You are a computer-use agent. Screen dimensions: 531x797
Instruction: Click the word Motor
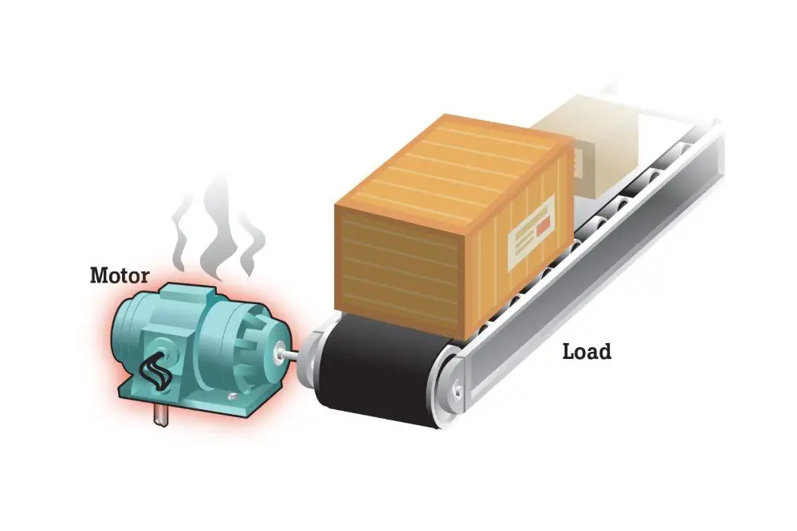[120, 276]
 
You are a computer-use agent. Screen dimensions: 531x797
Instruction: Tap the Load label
[587, 351]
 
